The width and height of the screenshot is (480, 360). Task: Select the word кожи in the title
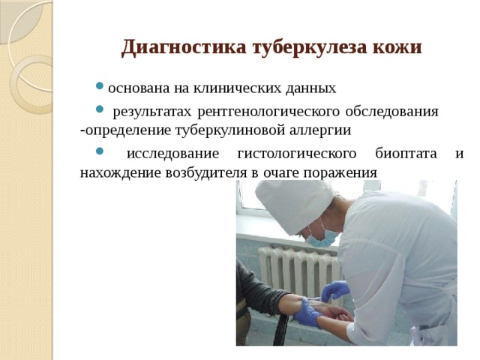[401, 48]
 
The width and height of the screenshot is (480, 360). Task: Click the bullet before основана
[100, 88]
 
